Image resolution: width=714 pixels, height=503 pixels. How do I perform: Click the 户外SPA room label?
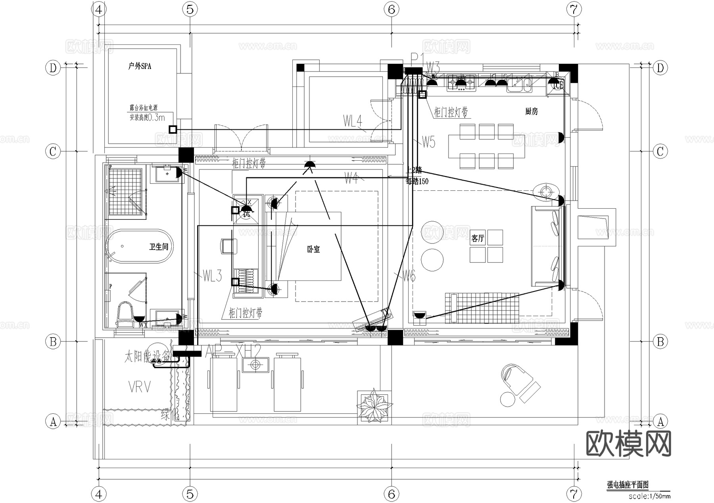[x=140, y=66]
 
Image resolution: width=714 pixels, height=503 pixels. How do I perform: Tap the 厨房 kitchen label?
[x=532, y=111]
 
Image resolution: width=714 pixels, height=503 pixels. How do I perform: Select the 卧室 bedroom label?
[x=313, y=250]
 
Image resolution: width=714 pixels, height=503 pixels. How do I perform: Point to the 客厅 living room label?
[x=478, y=238]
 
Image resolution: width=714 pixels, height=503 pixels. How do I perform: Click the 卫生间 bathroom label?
[x=159, y=247]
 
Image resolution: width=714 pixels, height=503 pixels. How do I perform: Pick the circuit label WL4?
[x=353, y=121]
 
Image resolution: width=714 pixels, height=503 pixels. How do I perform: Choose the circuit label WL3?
[x=212, y=276]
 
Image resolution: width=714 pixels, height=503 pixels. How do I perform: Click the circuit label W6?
[x=409, y=276]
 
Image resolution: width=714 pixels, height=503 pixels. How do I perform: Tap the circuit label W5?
[x=428, y=142]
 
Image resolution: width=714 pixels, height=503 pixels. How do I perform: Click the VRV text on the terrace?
[x=140, y=387]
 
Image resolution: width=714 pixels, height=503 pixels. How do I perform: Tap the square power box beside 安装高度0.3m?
[x=173, y=129]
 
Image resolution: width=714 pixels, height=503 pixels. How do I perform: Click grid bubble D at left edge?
[x=53, y=68]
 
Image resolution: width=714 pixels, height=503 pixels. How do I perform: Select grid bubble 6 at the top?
[x=392, y=9]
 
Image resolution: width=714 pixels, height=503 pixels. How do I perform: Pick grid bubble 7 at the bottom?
[x=574, y=494]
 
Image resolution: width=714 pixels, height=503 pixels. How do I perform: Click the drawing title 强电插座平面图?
[x=628, y=485]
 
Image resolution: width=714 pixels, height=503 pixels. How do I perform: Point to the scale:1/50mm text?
[x=649, y=496]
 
